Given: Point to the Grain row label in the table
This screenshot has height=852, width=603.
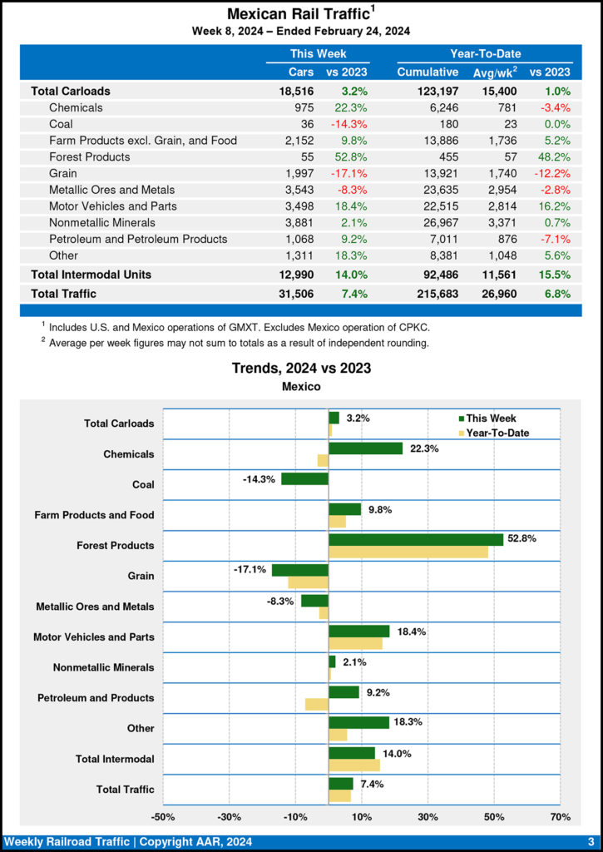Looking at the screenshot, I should coord(64,173).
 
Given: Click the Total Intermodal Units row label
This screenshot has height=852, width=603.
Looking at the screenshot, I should coord(91,274).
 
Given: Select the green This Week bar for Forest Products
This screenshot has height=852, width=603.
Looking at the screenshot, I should coord(416,539).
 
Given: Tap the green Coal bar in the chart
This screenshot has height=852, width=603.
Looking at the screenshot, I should coord(304,478).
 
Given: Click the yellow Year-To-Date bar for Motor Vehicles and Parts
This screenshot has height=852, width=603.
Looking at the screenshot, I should coord(355,643).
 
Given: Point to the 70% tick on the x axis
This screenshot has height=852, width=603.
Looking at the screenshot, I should coord(560,816).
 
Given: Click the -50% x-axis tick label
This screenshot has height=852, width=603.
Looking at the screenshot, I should coord(163,816).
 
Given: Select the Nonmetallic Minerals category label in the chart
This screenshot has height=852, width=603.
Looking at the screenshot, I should coord(103,667).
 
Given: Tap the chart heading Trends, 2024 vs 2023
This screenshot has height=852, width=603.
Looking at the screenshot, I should coord(301,368).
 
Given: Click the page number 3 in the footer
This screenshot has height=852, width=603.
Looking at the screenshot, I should coord(590,842).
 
